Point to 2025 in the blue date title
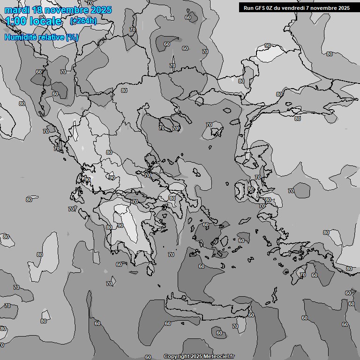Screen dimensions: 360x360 pyautogui.click(x=101, y=10)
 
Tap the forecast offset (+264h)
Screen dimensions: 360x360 pyautogui.click(x=83, y=21)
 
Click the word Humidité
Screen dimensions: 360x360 pyautogui.click(x=20, y=37)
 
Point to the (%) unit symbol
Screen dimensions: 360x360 pyautogui.click(x=72, y=37)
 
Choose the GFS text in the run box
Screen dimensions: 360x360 pyautogui.click(x=261, y=8)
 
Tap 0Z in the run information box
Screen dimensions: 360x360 pyautogui.click(x=271, y=8)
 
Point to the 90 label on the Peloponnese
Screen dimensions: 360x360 pyautogui.click(x=120, y=225)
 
